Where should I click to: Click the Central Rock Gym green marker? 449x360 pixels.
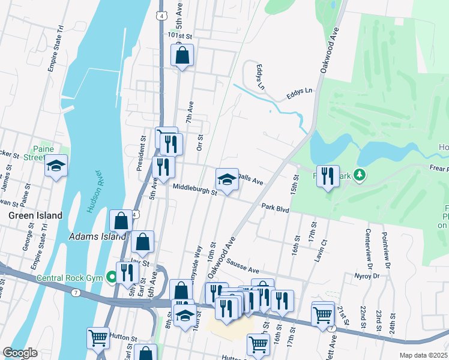click(111, 277)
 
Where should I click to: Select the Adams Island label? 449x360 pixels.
click(97, 236)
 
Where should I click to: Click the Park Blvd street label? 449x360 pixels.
click(276, 208)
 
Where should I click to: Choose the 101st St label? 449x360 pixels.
click(179, 36)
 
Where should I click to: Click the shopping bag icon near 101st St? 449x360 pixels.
click(182, 56)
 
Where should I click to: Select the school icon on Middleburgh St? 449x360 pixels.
click(227, 179)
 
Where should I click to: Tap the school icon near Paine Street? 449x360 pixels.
click(56, 166)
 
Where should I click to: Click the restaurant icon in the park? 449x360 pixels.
click(328, 176)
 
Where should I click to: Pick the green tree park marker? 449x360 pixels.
click(360, 175)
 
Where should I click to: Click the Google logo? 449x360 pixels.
click(20, 353)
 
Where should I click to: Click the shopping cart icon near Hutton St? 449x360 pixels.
click(98, 338)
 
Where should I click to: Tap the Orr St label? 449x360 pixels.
click(200, 143)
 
